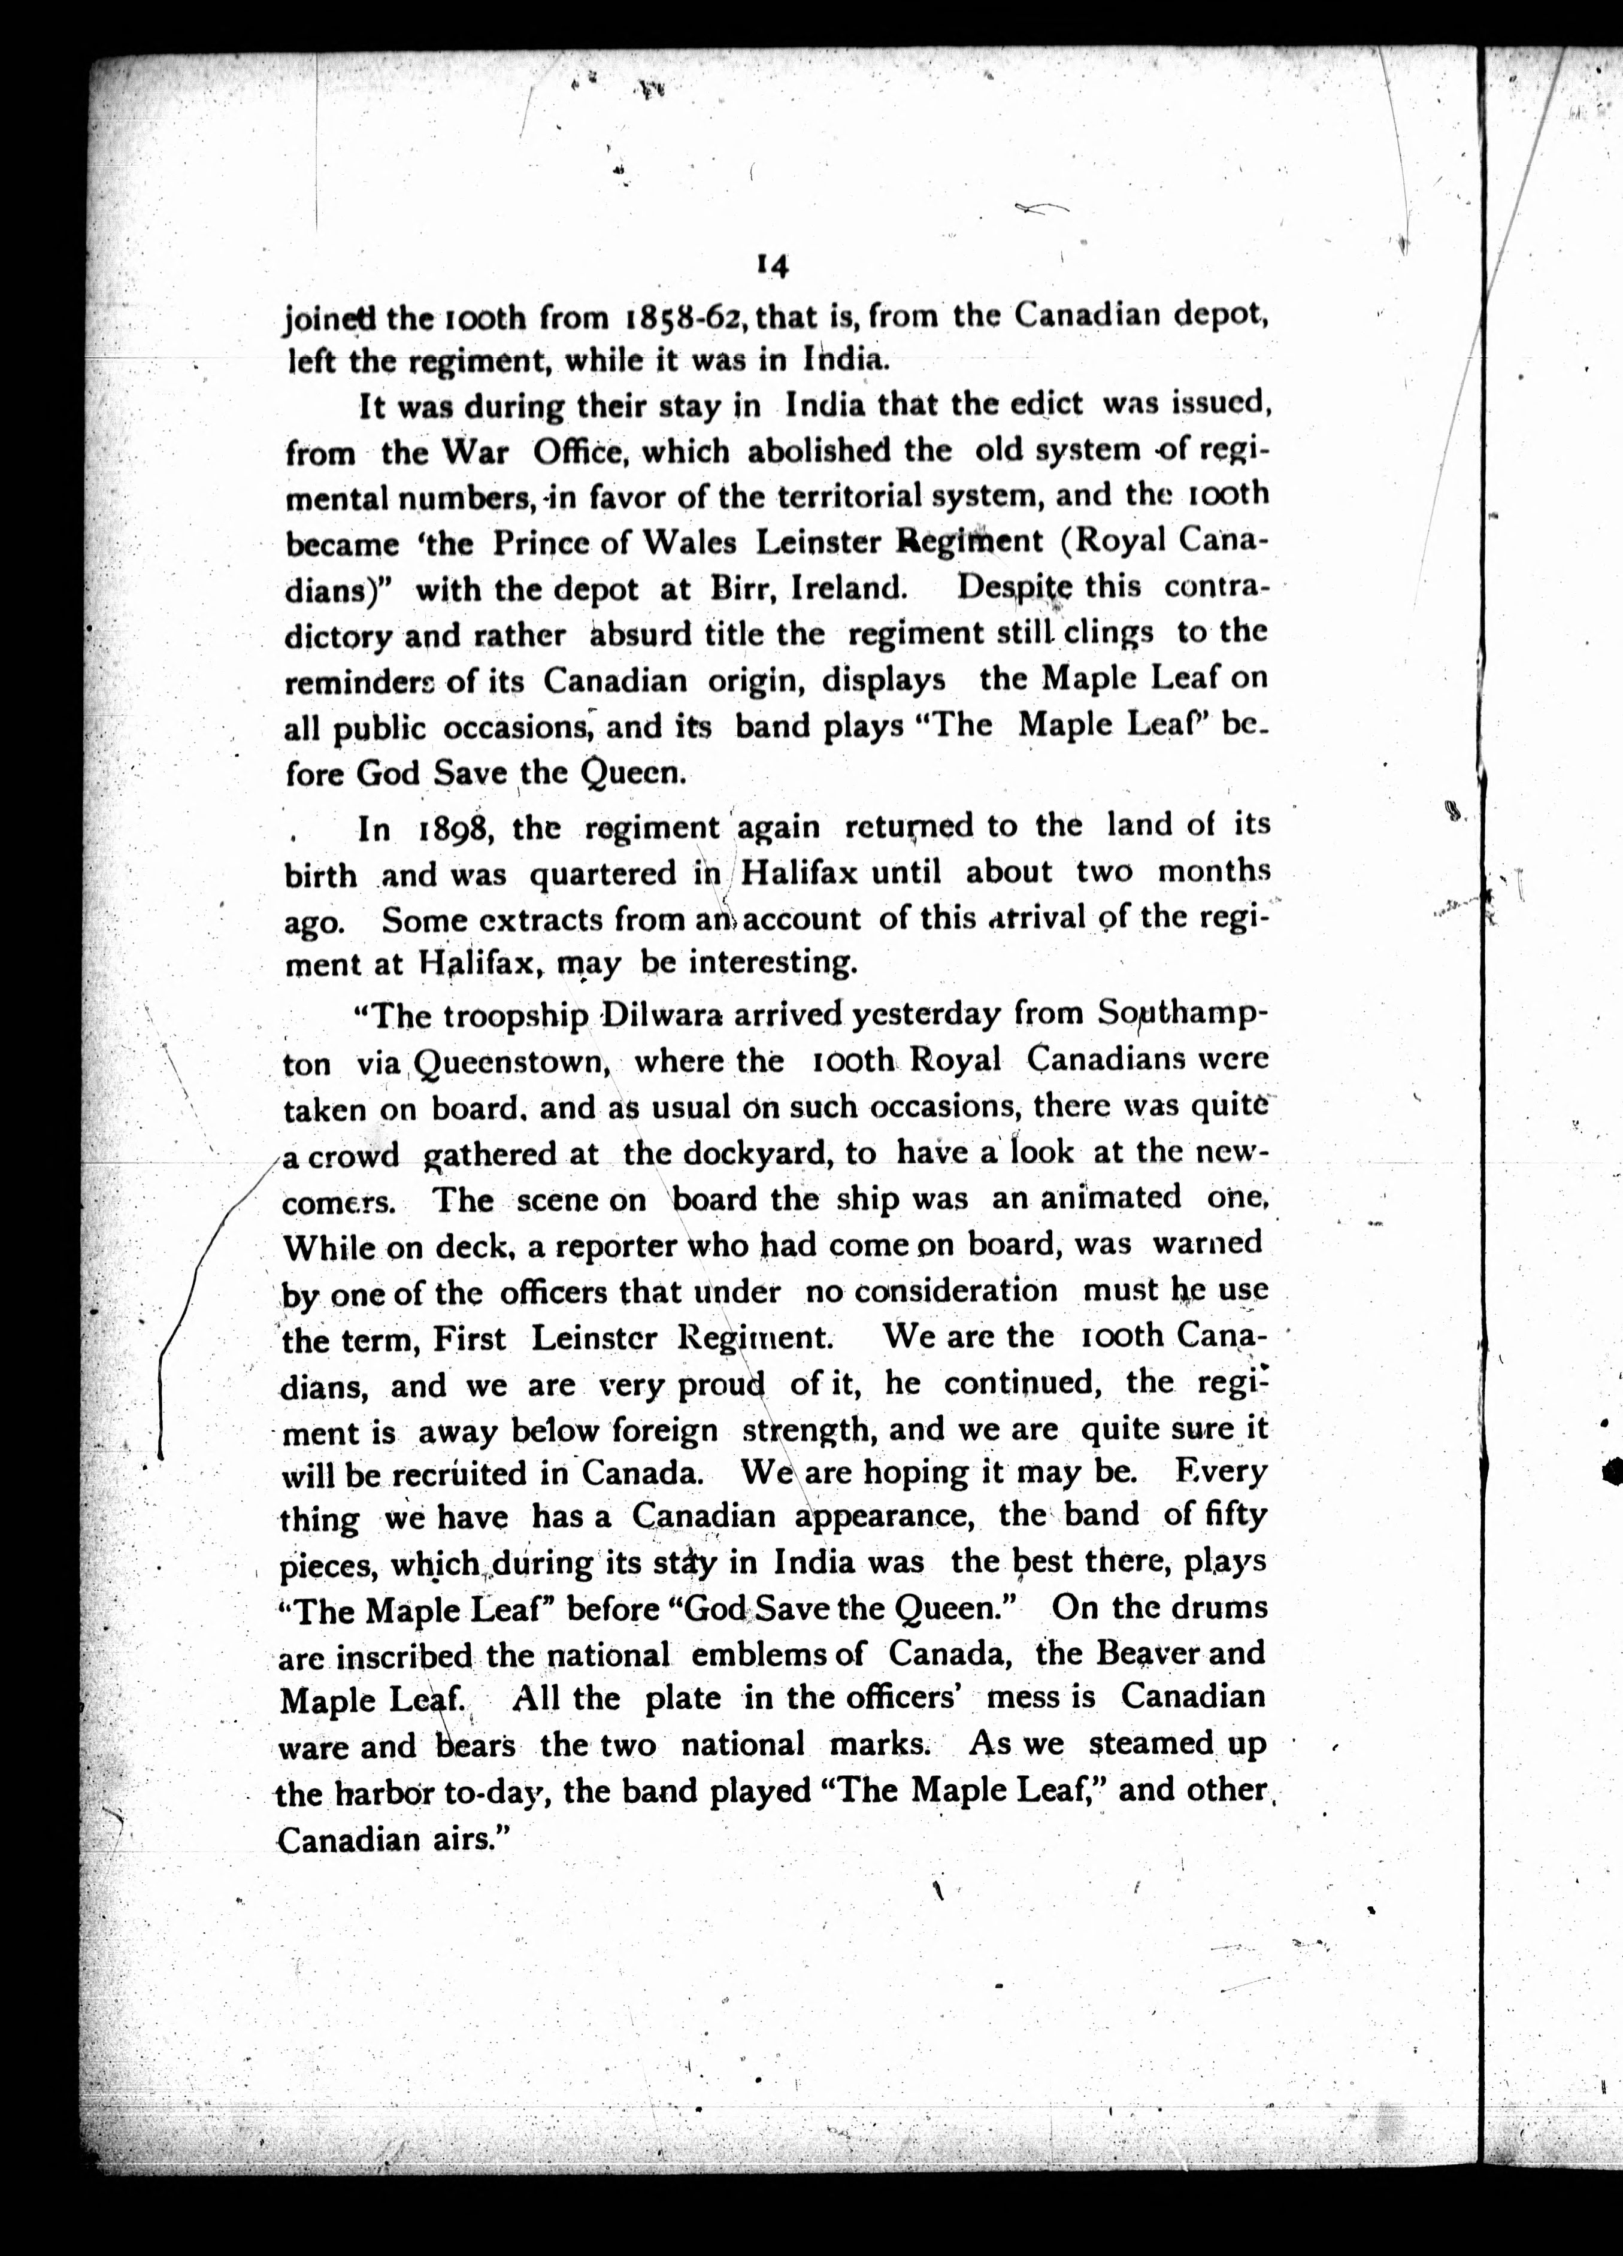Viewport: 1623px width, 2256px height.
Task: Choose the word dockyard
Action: point(740,1153)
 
